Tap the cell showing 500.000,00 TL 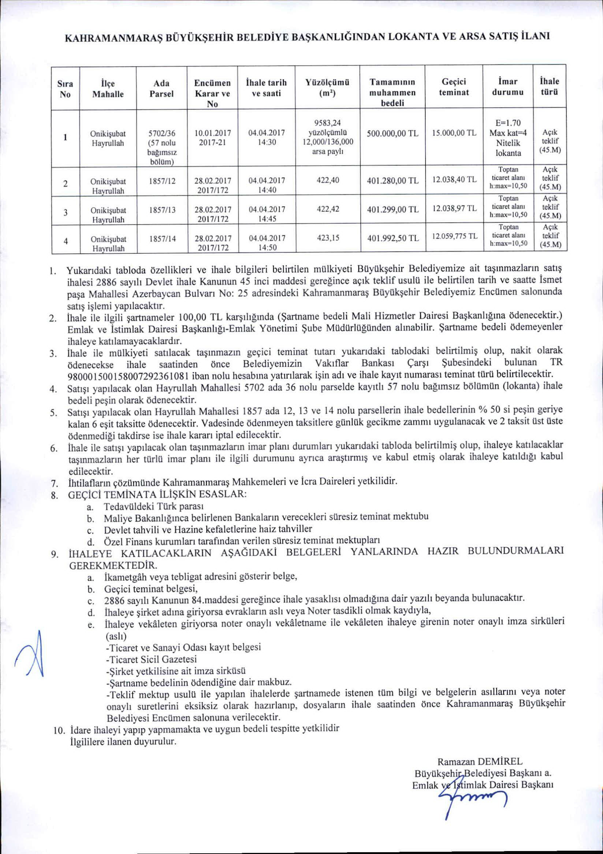click(x=392, y=134)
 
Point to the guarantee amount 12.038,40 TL click(x=454, y=180)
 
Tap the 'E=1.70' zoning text click(x=508, y=123)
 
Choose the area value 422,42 click(x=328, y=209)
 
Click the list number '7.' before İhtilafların click(x=54, y=484)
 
